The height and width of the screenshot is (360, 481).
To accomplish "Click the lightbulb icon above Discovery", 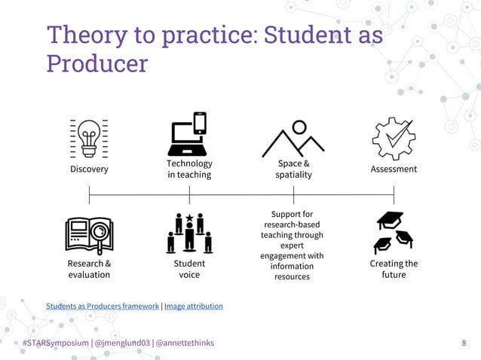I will pos(89,138).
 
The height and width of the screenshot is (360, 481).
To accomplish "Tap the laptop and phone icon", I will pos(188,134).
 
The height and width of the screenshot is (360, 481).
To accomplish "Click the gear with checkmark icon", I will pos(393,138).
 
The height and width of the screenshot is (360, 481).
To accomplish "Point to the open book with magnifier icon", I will pos(89,235).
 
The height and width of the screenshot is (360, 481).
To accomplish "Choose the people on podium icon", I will pos(189,233).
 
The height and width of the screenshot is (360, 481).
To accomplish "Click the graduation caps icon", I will pos(394,233).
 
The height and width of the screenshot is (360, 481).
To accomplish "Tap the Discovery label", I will pos(89,169).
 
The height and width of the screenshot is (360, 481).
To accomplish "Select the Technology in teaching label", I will pos(189,169).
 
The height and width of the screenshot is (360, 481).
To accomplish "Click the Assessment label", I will pos(394,169).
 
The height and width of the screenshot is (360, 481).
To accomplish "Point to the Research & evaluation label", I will pos(89,269).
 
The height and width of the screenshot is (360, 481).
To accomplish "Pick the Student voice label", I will pos(189,269).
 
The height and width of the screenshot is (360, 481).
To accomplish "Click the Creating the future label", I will pos(394,269).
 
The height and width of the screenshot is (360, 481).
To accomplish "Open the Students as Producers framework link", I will pos(103,307).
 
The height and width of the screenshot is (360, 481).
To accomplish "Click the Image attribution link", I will pos(194,307).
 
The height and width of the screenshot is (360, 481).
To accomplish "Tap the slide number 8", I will pos(463,343).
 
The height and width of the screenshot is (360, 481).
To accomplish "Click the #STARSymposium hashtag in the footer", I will pos(55,343).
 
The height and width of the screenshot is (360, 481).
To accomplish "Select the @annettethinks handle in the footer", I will pos(184,343).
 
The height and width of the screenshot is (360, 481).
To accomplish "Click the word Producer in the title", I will pos(97,63).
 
